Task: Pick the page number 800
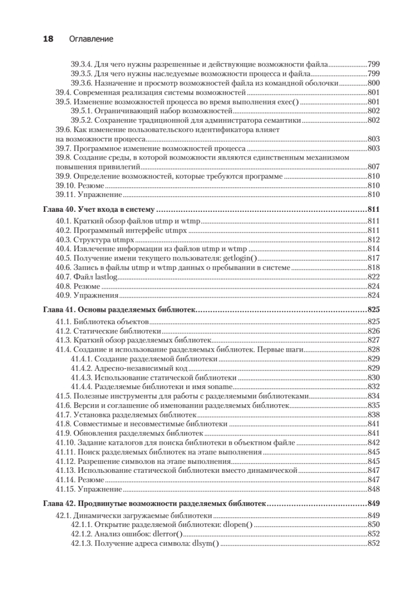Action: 373,83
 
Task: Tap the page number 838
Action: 373,414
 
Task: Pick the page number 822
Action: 373,277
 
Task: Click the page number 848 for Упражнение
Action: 373,489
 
